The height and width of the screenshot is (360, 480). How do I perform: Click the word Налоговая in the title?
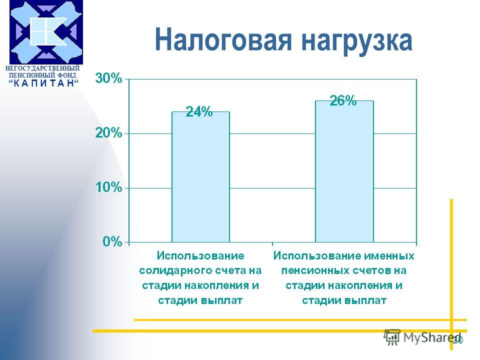223,40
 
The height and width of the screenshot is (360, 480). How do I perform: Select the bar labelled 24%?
201,177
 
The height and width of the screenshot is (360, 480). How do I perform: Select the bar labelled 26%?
344,171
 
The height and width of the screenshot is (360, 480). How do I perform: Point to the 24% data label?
199,111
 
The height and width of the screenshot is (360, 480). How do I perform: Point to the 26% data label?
343,100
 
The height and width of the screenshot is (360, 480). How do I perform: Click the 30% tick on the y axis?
108,78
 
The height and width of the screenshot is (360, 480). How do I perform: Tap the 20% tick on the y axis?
108,133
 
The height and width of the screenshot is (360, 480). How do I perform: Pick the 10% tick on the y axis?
108,187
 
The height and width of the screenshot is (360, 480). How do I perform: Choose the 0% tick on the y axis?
112,241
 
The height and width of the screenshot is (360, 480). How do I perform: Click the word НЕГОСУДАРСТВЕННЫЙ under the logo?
42,68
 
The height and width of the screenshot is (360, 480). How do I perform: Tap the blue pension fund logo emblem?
46,32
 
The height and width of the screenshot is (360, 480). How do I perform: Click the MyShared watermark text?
432,337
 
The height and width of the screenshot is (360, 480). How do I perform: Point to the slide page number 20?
457,340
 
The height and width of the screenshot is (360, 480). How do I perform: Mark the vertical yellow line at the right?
451,274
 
